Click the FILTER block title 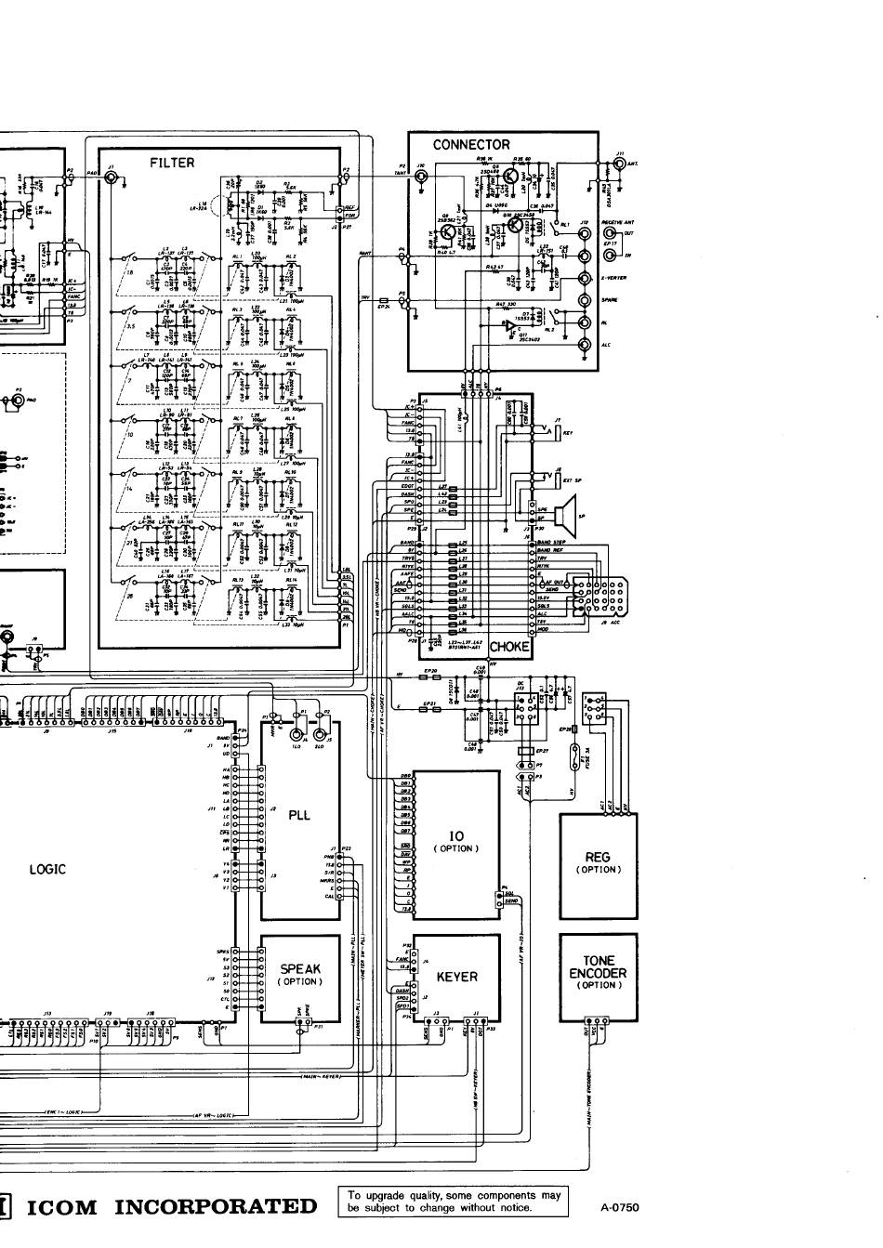click(x=172, y=163)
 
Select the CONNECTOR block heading click(x=471, y=145)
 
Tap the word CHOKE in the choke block click(x=509, y=647)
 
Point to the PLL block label click(x=298, y=815)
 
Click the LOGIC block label click(x=47, y=870)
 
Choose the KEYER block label click(x=456, y=977)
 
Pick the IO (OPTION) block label click(x=455, y=842)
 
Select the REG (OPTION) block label click(x=598, y=863)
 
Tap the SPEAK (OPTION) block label click(x=299, y=974)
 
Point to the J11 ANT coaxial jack click(x=618, y=164)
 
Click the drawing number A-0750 click(x=620, y=1208)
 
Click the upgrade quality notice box click(x=454, y=1202)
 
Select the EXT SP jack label click(x=573, y=480)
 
